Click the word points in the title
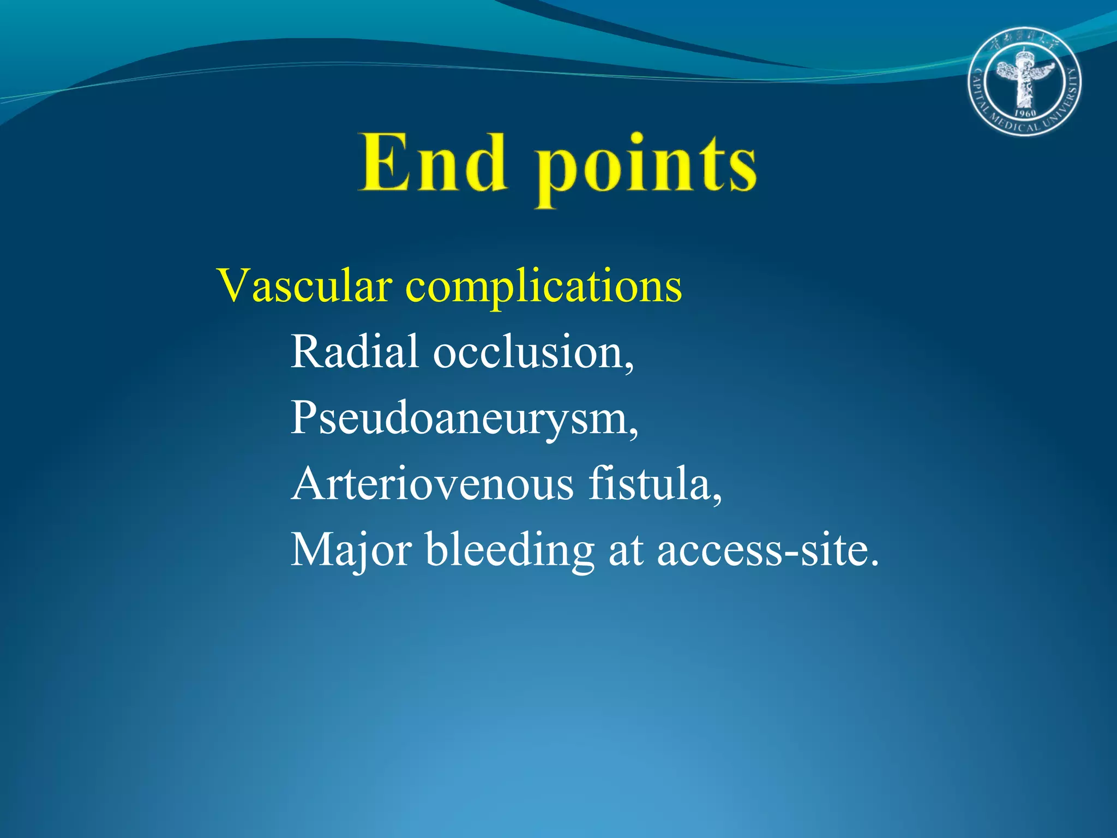click(x=646, y=166)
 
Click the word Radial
click(x=355, y=351)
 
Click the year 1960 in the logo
click(x=1025, y=113)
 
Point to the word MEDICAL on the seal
click(x=1015, y=127)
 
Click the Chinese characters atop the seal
click(x=1025, y=41)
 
